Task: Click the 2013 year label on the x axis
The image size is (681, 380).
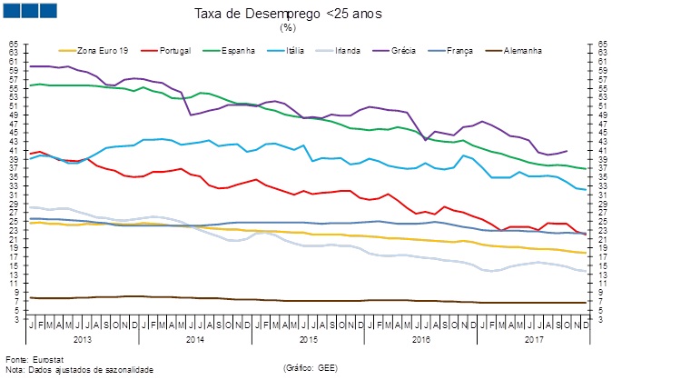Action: tap(82, 338)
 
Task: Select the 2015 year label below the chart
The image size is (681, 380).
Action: tap(308, 338)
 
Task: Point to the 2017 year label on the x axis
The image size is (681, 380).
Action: tap(534, 338)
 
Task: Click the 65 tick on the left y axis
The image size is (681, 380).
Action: tap(13, 44)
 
